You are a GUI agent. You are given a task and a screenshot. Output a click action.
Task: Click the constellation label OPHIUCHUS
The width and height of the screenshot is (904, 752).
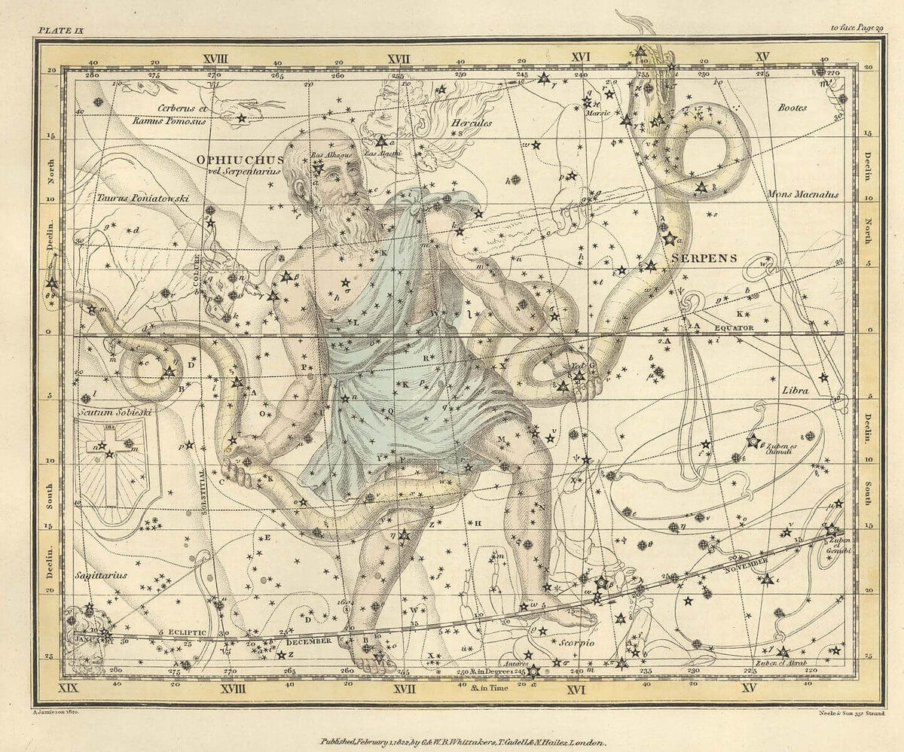point(240,160)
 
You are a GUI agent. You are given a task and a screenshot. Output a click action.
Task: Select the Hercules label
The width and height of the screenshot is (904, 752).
point(471,123)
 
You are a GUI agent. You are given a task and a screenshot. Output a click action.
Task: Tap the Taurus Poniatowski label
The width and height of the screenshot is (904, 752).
point(142,198)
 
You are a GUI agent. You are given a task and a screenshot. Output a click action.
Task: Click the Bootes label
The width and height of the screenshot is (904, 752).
point(793,108)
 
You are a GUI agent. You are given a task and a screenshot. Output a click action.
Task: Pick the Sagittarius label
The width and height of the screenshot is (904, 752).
point(100,575)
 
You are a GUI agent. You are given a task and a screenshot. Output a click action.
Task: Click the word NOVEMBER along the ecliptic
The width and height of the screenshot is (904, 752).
point(747,562)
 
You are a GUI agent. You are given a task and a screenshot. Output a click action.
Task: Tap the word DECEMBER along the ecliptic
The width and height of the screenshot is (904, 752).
point(308,641)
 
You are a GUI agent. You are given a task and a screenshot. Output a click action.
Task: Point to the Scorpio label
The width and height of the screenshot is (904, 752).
point(578,644)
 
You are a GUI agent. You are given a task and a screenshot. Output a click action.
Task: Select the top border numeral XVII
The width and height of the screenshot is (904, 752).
point(399,57)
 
